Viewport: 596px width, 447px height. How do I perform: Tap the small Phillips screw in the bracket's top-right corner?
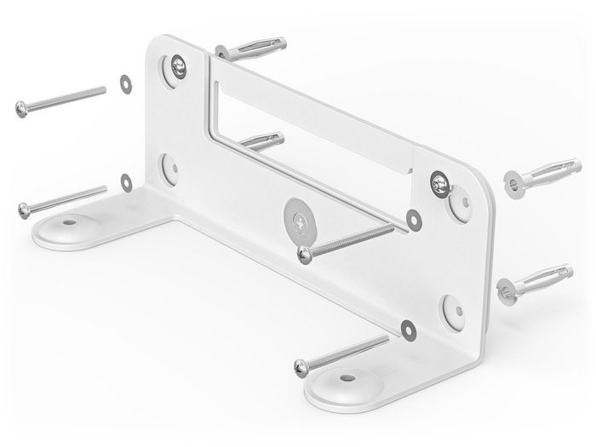439,180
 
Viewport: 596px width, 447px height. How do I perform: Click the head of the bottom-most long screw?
301,366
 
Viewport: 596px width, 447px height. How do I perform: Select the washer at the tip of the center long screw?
413,218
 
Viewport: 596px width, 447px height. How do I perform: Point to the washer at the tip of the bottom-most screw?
407,328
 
